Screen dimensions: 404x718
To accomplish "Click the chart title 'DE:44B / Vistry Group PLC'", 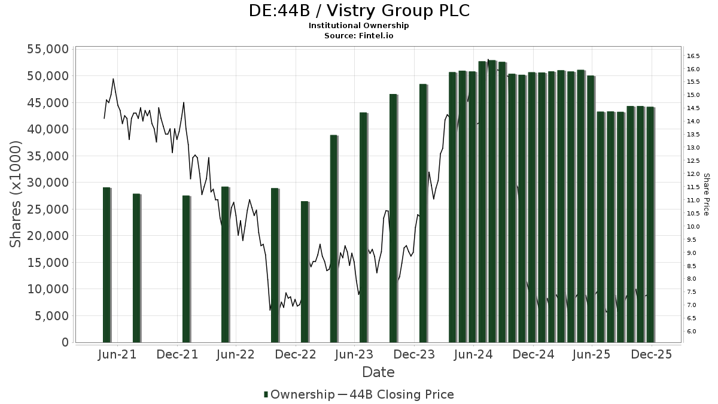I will (x=359, y=11).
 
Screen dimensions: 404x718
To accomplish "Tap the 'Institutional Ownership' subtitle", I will (x=359, y=26).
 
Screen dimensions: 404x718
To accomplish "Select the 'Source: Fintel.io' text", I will (x=359, y=36).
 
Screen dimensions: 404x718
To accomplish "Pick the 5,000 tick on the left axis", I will (x=51, y=315).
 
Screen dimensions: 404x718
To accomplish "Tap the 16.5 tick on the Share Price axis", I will (x=693, y=56).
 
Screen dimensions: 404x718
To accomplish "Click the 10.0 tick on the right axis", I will (x=693, y=227).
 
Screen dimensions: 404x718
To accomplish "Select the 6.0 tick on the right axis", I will (x=693, y=332).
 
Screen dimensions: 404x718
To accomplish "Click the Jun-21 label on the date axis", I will (x=117, y=354).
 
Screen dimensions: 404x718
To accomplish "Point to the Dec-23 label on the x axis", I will (x=415, y=354).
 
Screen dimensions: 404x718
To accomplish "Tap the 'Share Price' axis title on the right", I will (x=706, y=195).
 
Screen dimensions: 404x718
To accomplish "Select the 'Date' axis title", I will (x=378, y=372).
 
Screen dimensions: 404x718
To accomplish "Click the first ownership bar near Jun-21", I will (x=107, y=265).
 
